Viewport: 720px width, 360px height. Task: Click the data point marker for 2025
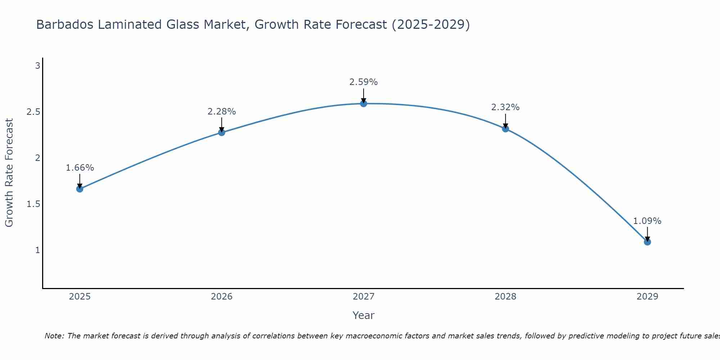[80, 189]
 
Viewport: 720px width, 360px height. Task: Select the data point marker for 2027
[364, 104]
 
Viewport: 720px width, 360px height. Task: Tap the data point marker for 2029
[647, 242]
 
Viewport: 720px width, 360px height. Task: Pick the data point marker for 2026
[222, 132]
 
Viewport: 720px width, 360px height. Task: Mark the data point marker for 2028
[505, 129]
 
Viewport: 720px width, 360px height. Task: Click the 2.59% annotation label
[364, 82]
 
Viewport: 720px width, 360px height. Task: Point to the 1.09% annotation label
[647, 221]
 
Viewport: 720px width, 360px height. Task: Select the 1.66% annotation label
[80, 168]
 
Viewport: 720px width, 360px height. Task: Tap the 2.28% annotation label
[222, 112]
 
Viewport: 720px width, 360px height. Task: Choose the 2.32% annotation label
[505, 107]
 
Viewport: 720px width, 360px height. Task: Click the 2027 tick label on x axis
[364, 297]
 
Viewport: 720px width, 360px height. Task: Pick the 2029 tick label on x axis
[647, 297]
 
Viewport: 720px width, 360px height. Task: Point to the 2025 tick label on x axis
[80, 297]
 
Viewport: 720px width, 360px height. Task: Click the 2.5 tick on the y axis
[33, 112]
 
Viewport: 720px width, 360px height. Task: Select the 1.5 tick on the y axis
[33, 204]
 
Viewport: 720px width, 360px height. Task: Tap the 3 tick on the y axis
[37, 66]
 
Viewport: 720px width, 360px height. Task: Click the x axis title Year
[364, 315]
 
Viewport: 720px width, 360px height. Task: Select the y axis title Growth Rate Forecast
[9, 173]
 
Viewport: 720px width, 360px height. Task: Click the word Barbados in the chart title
[63, 25]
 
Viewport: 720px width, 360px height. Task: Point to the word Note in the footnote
[54, 336]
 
